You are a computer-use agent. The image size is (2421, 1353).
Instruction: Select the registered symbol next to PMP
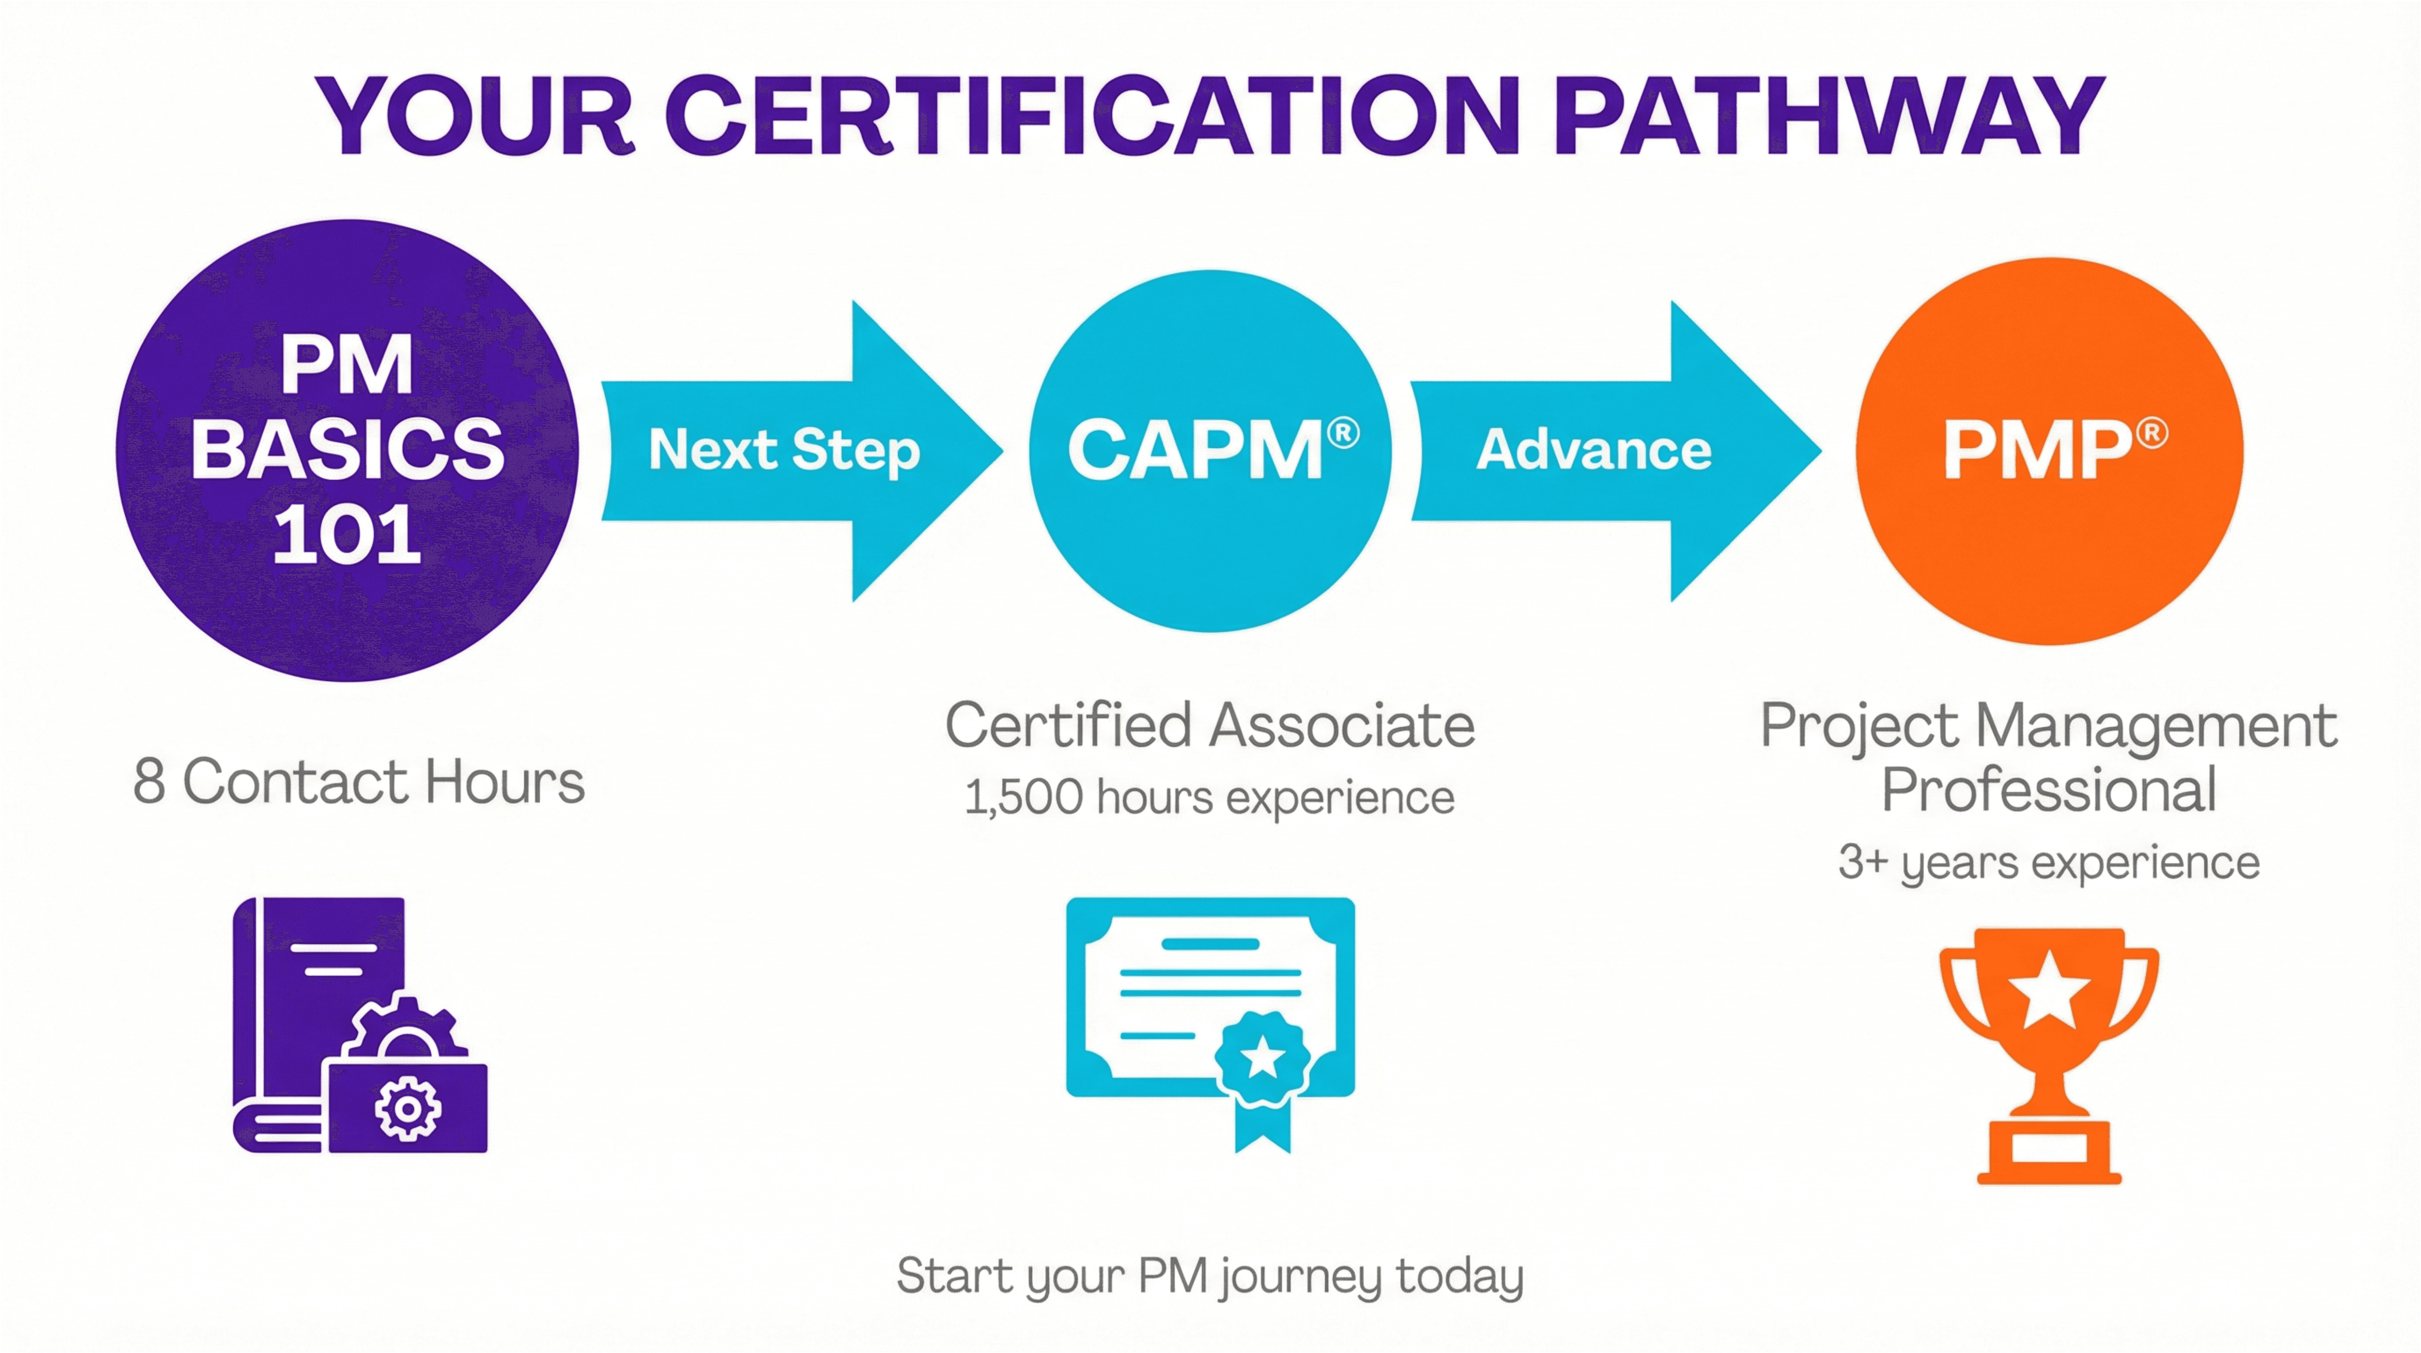pyautogui.click(x=2152, y=433)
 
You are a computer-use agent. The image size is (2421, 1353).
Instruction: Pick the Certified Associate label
pyautogui.click(x=1209, y=726)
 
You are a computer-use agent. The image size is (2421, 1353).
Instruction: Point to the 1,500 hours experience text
pyautogui.click(x=1209, y=797)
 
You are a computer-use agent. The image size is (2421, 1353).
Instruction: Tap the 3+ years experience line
pyautogui.click(x=2049, y=862)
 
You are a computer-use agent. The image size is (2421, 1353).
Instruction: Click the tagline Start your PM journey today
pyautogui.click(x=1209, y=1276)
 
